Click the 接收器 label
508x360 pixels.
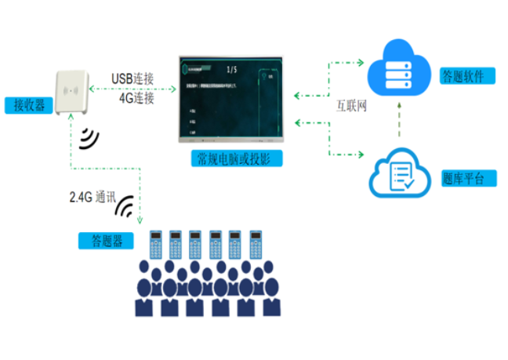[26, 104]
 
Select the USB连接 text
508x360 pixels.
[132, 79]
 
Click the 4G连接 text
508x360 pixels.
[136, 99]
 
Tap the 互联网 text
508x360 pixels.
[351, 104]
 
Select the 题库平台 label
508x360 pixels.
[468, 179]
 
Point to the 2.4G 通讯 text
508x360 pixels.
[93, 198]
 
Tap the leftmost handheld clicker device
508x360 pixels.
[155, 245]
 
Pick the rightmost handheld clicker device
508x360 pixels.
[255, 245]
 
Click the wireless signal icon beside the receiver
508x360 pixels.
[89, 138]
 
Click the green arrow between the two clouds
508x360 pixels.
[401, 118]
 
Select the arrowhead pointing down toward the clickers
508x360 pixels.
[140, 222]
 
